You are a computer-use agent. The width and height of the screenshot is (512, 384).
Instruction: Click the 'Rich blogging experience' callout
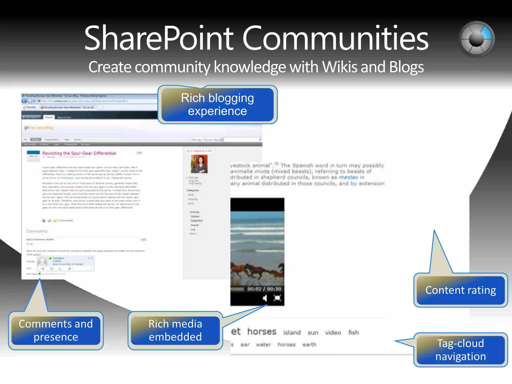(217, 104)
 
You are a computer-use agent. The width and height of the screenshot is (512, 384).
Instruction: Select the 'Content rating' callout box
(460, 290)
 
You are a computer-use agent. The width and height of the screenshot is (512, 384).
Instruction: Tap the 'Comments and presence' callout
(56, 330)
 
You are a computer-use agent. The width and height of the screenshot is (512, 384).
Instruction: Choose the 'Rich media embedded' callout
(175, 330)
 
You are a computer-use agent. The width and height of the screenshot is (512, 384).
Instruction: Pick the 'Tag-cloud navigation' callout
(460, 350)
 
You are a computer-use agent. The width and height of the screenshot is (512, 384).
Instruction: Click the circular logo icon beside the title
(476, 39)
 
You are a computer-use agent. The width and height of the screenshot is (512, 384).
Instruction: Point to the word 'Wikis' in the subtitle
(339, 67)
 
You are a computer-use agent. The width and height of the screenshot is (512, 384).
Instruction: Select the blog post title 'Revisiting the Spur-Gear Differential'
(79, 153)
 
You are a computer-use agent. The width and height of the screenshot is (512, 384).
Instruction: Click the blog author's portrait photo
(199, 164)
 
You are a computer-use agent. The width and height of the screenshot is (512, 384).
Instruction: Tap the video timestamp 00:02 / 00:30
(264, 289)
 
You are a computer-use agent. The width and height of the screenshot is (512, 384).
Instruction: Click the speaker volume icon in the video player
(265, 298)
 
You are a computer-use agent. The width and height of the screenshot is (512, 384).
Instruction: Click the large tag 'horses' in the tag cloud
(262, 331)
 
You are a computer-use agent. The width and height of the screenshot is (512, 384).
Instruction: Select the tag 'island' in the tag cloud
(292, 332)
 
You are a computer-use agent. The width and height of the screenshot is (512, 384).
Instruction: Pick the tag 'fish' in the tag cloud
(353, 332)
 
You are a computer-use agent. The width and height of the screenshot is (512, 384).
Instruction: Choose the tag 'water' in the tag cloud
(263, 345)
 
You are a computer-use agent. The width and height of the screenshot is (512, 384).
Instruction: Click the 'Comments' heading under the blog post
(37, 231)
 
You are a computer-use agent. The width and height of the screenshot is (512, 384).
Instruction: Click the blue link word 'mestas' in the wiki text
(348, 177)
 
